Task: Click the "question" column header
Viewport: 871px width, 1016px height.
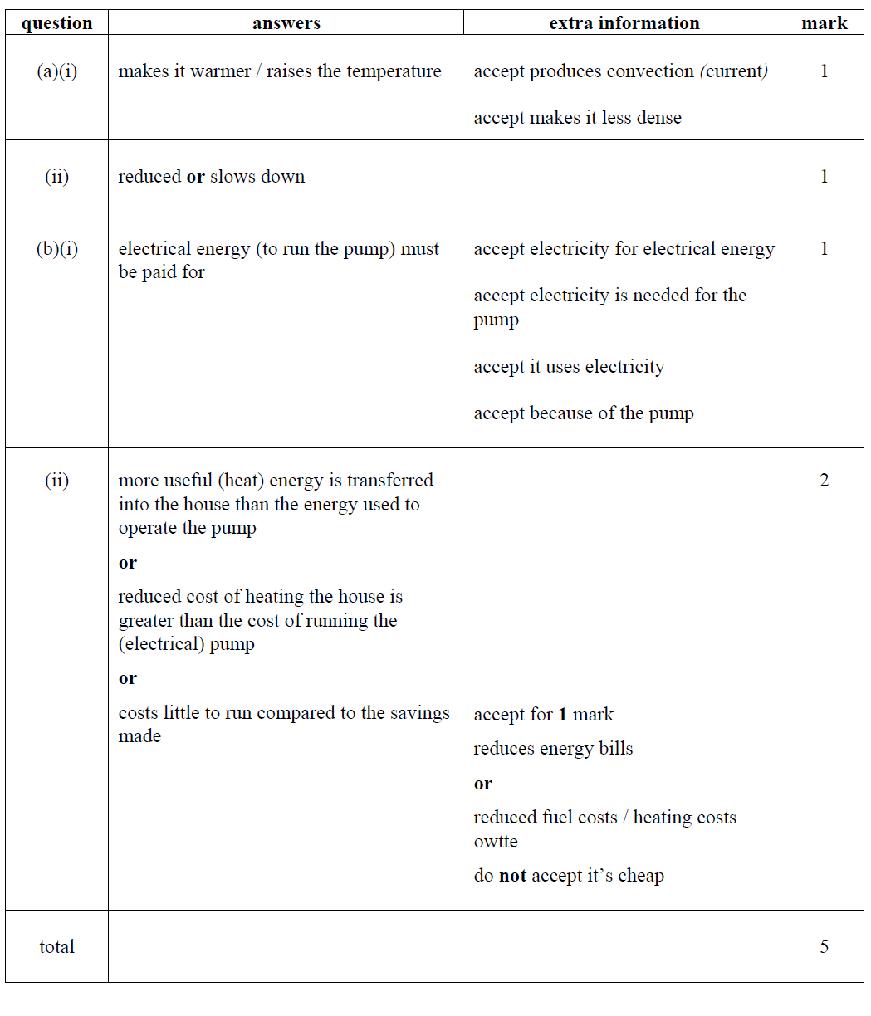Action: point(56,23)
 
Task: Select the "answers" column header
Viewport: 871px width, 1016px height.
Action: point(286,23)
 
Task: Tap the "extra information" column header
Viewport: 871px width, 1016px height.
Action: point(624,23)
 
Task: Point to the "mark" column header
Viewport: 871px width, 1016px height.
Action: point(824,23)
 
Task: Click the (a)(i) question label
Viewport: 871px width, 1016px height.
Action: point(56,71)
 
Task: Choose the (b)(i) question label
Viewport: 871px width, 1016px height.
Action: point(56,249)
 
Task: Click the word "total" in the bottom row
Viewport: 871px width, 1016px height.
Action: point(56,946)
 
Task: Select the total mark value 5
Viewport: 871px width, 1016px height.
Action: point(824,946)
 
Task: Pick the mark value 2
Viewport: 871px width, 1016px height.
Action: point(824,481)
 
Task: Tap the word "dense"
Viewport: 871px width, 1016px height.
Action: point(659,118)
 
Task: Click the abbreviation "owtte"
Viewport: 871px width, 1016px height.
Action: point(496,842)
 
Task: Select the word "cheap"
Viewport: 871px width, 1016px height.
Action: point(641,876)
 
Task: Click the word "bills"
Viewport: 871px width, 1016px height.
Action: point(615,749)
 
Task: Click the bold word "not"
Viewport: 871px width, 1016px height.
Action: point(512,876)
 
